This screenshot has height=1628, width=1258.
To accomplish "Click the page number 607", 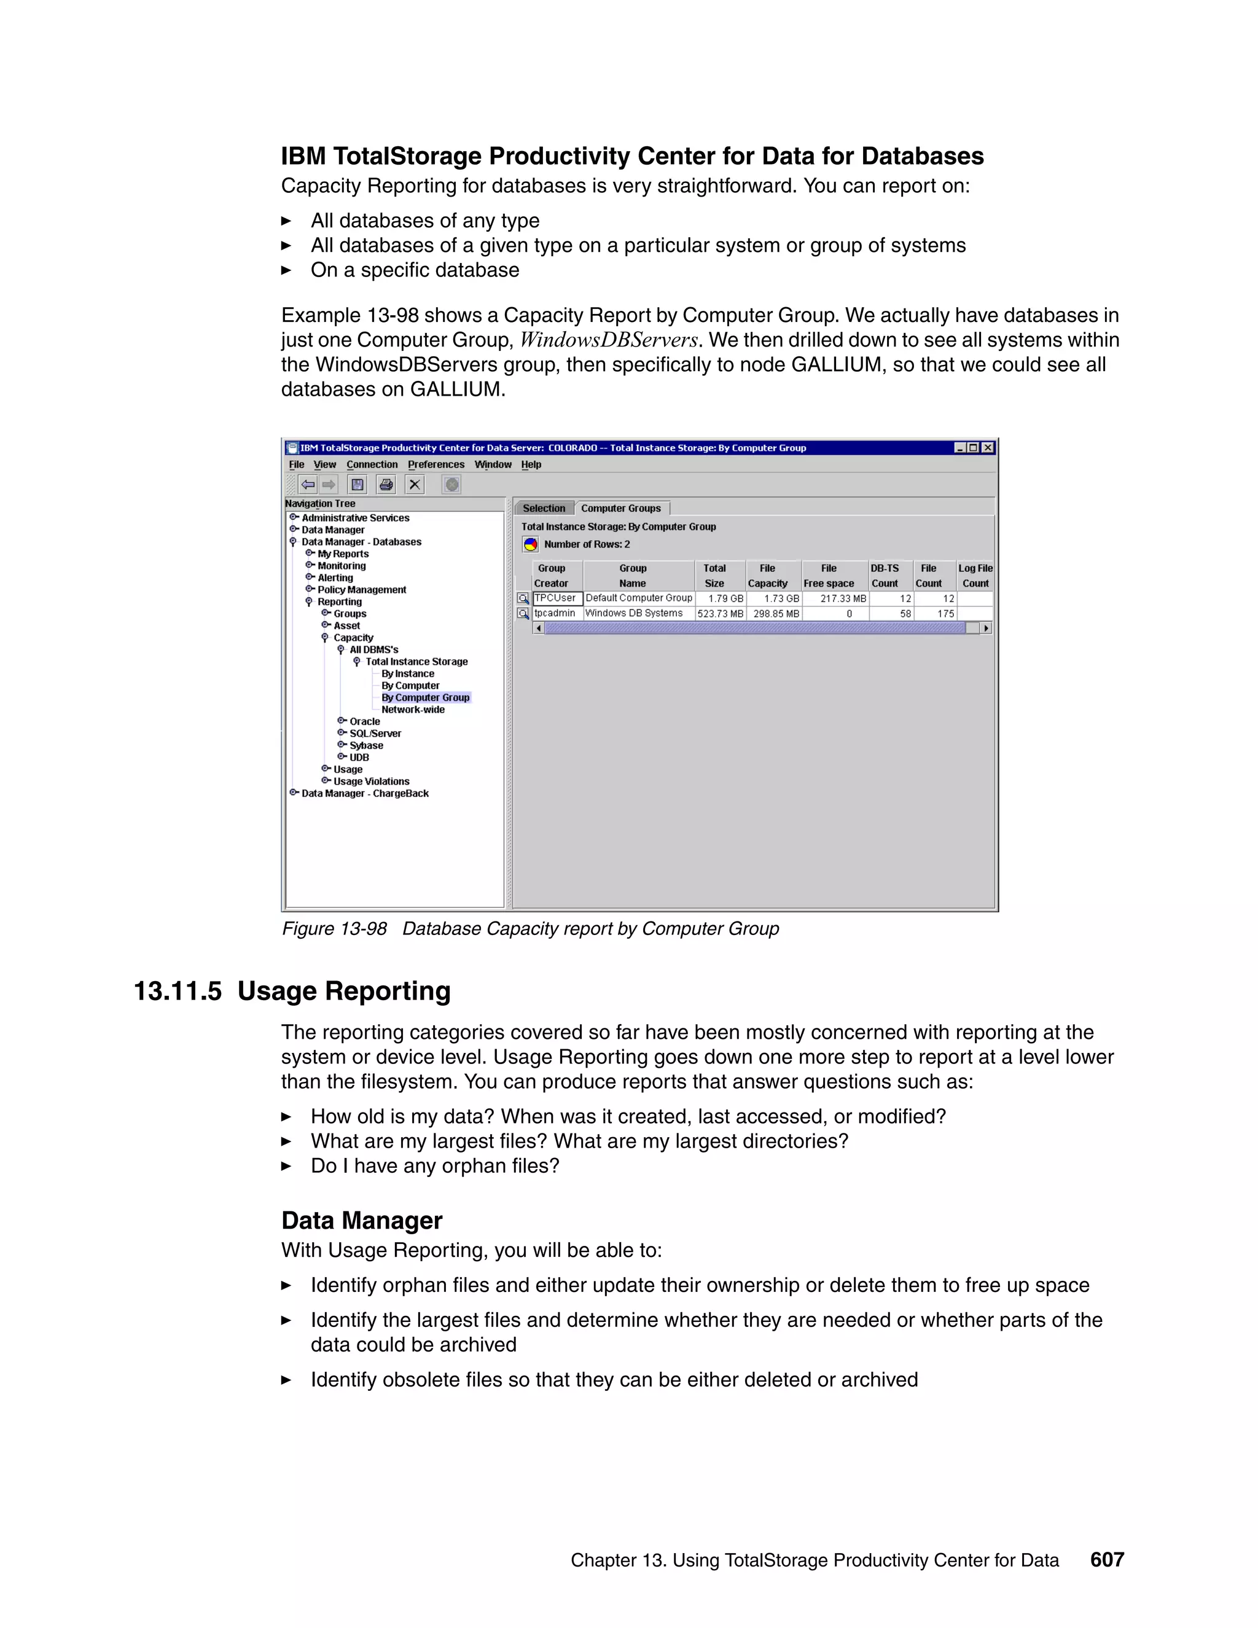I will click(x=1107, y=1559).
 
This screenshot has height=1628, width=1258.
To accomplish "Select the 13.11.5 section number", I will click(x=178, y=992).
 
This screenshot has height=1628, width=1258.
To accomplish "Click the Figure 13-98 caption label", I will click(x=334, y=929).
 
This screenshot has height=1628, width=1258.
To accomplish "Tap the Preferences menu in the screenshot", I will click(x=436, y=464).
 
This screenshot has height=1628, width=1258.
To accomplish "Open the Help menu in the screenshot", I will click(x=531, y=464).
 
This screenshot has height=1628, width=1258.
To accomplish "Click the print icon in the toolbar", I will click(x=386, y=485).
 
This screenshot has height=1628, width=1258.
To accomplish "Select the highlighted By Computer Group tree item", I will click(x=425, y=698).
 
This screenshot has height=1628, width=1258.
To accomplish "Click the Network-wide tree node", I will click(x=413, y=710).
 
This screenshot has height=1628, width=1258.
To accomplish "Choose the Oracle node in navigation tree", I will click(x=364, y=722).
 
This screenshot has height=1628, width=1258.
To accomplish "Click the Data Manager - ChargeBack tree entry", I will click(x=364, y=793).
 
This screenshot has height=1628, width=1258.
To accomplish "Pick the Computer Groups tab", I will click(x=621, y=509).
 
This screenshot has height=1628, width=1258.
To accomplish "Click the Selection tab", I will click(x=544, y=509).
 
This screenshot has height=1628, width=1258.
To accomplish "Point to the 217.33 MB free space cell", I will click(x=842, y=598).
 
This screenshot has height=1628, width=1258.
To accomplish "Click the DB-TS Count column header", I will click(x=885, y=576).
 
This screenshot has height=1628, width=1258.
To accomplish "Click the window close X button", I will click(x=988, y=448).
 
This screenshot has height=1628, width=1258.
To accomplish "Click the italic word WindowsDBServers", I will click(x=608, y=341).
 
